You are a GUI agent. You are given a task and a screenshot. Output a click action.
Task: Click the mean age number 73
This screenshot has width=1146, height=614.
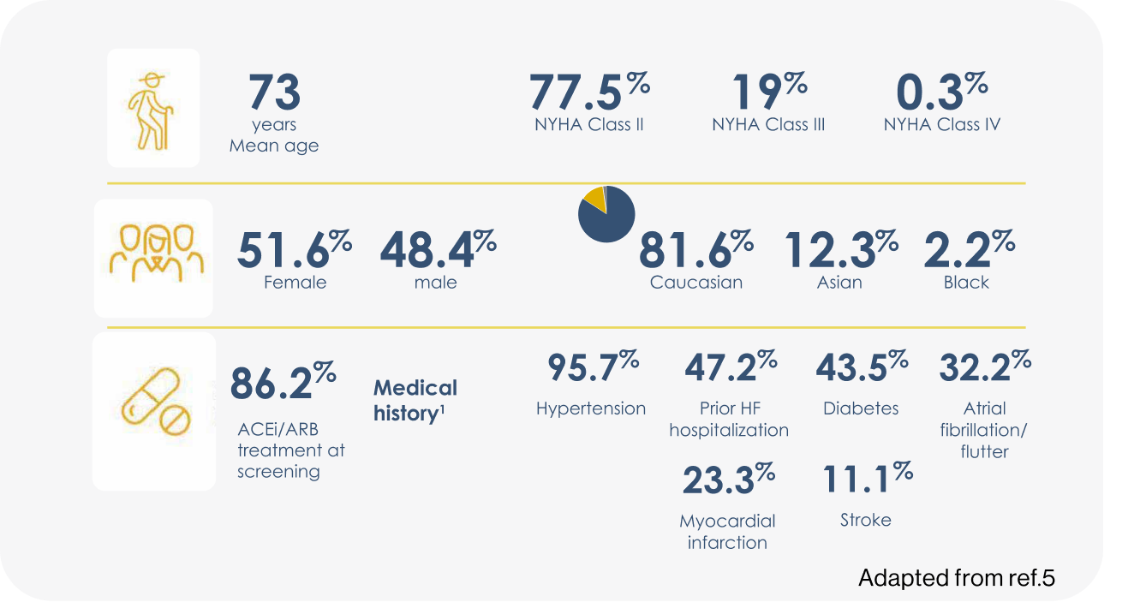[x=274, y=92]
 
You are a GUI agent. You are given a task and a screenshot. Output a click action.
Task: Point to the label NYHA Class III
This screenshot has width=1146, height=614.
[x=768, y=125]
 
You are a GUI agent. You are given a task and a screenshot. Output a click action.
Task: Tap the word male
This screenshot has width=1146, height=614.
[x=435, y=283]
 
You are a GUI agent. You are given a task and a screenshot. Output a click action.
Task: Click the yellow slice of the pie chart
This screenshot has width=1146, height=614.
[x=593, y=199]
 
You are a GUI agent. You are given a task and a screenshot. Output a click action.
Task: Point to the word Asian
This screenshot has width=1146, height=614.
[x=839, y=283]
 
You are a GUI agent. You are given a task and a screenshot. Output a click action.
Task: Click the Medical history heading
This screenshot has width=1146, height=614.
[x=415, y=401]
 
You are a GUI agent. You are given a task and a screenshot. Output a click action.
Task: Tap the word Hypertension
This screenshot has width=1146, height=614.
[x=591, y=408]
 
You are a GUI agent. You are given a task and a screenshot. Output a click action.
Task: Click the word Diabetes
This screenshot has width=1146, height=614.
[x=861, y=408]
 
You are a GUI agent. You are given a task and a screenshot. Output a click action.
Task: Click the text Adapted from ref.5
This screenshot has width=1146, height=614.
[x=957, y=578]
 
